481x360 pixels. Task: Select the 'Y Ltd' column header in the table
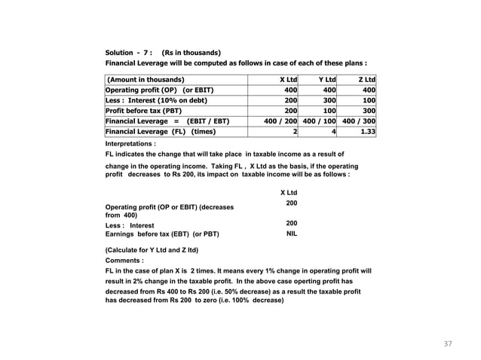point(326,79)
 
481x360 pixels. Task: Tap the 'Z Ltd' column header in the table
point(366,79)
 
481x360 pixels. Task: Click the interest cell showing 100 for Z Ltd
point(369,99)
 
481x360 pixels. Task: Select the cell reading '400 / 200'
point(280,121)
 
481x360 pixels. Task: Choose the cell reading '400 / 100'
point(321,121)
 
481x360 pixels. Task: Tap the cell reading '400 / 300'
point(360,121)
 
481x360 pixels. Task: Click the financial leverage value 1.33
point(368,131)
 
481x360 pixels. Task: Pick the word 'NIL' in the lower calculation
point(292,234)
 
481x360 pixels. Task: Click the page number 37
point(449,344)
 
